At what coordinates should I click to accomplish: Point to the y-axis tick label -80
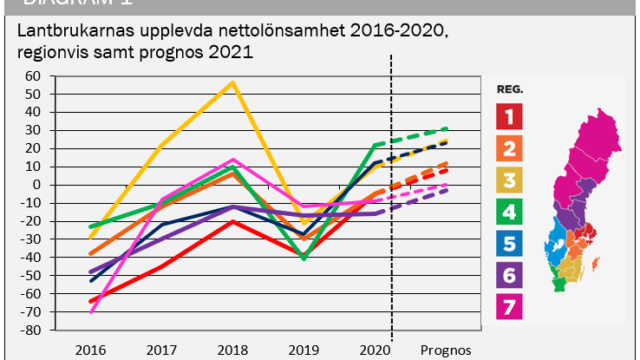(33, 331)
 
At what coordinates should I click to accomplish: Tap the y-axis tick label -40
(33, 258)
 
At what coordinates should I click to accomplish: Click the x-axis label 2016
(90, 350)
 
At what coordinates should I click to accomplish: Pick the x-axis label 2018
(232, 350)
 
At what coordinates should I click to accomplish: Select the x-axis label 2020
(374, 350)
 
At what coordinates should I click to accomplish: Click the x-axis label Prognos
(446, 350)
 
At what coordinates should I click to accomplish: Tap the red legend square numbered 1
(510, 115)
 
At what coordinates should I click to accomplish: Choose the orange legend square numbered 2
(510, 148)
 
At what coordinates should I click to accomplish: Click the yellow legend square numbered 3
(510, 181)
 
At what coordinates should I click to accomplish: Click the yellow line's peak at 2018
(232, 82)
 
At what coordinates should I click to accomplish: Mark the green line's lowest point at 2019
(304, 259)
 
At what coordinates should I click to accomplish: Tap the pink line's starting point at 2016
(90, 311)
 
